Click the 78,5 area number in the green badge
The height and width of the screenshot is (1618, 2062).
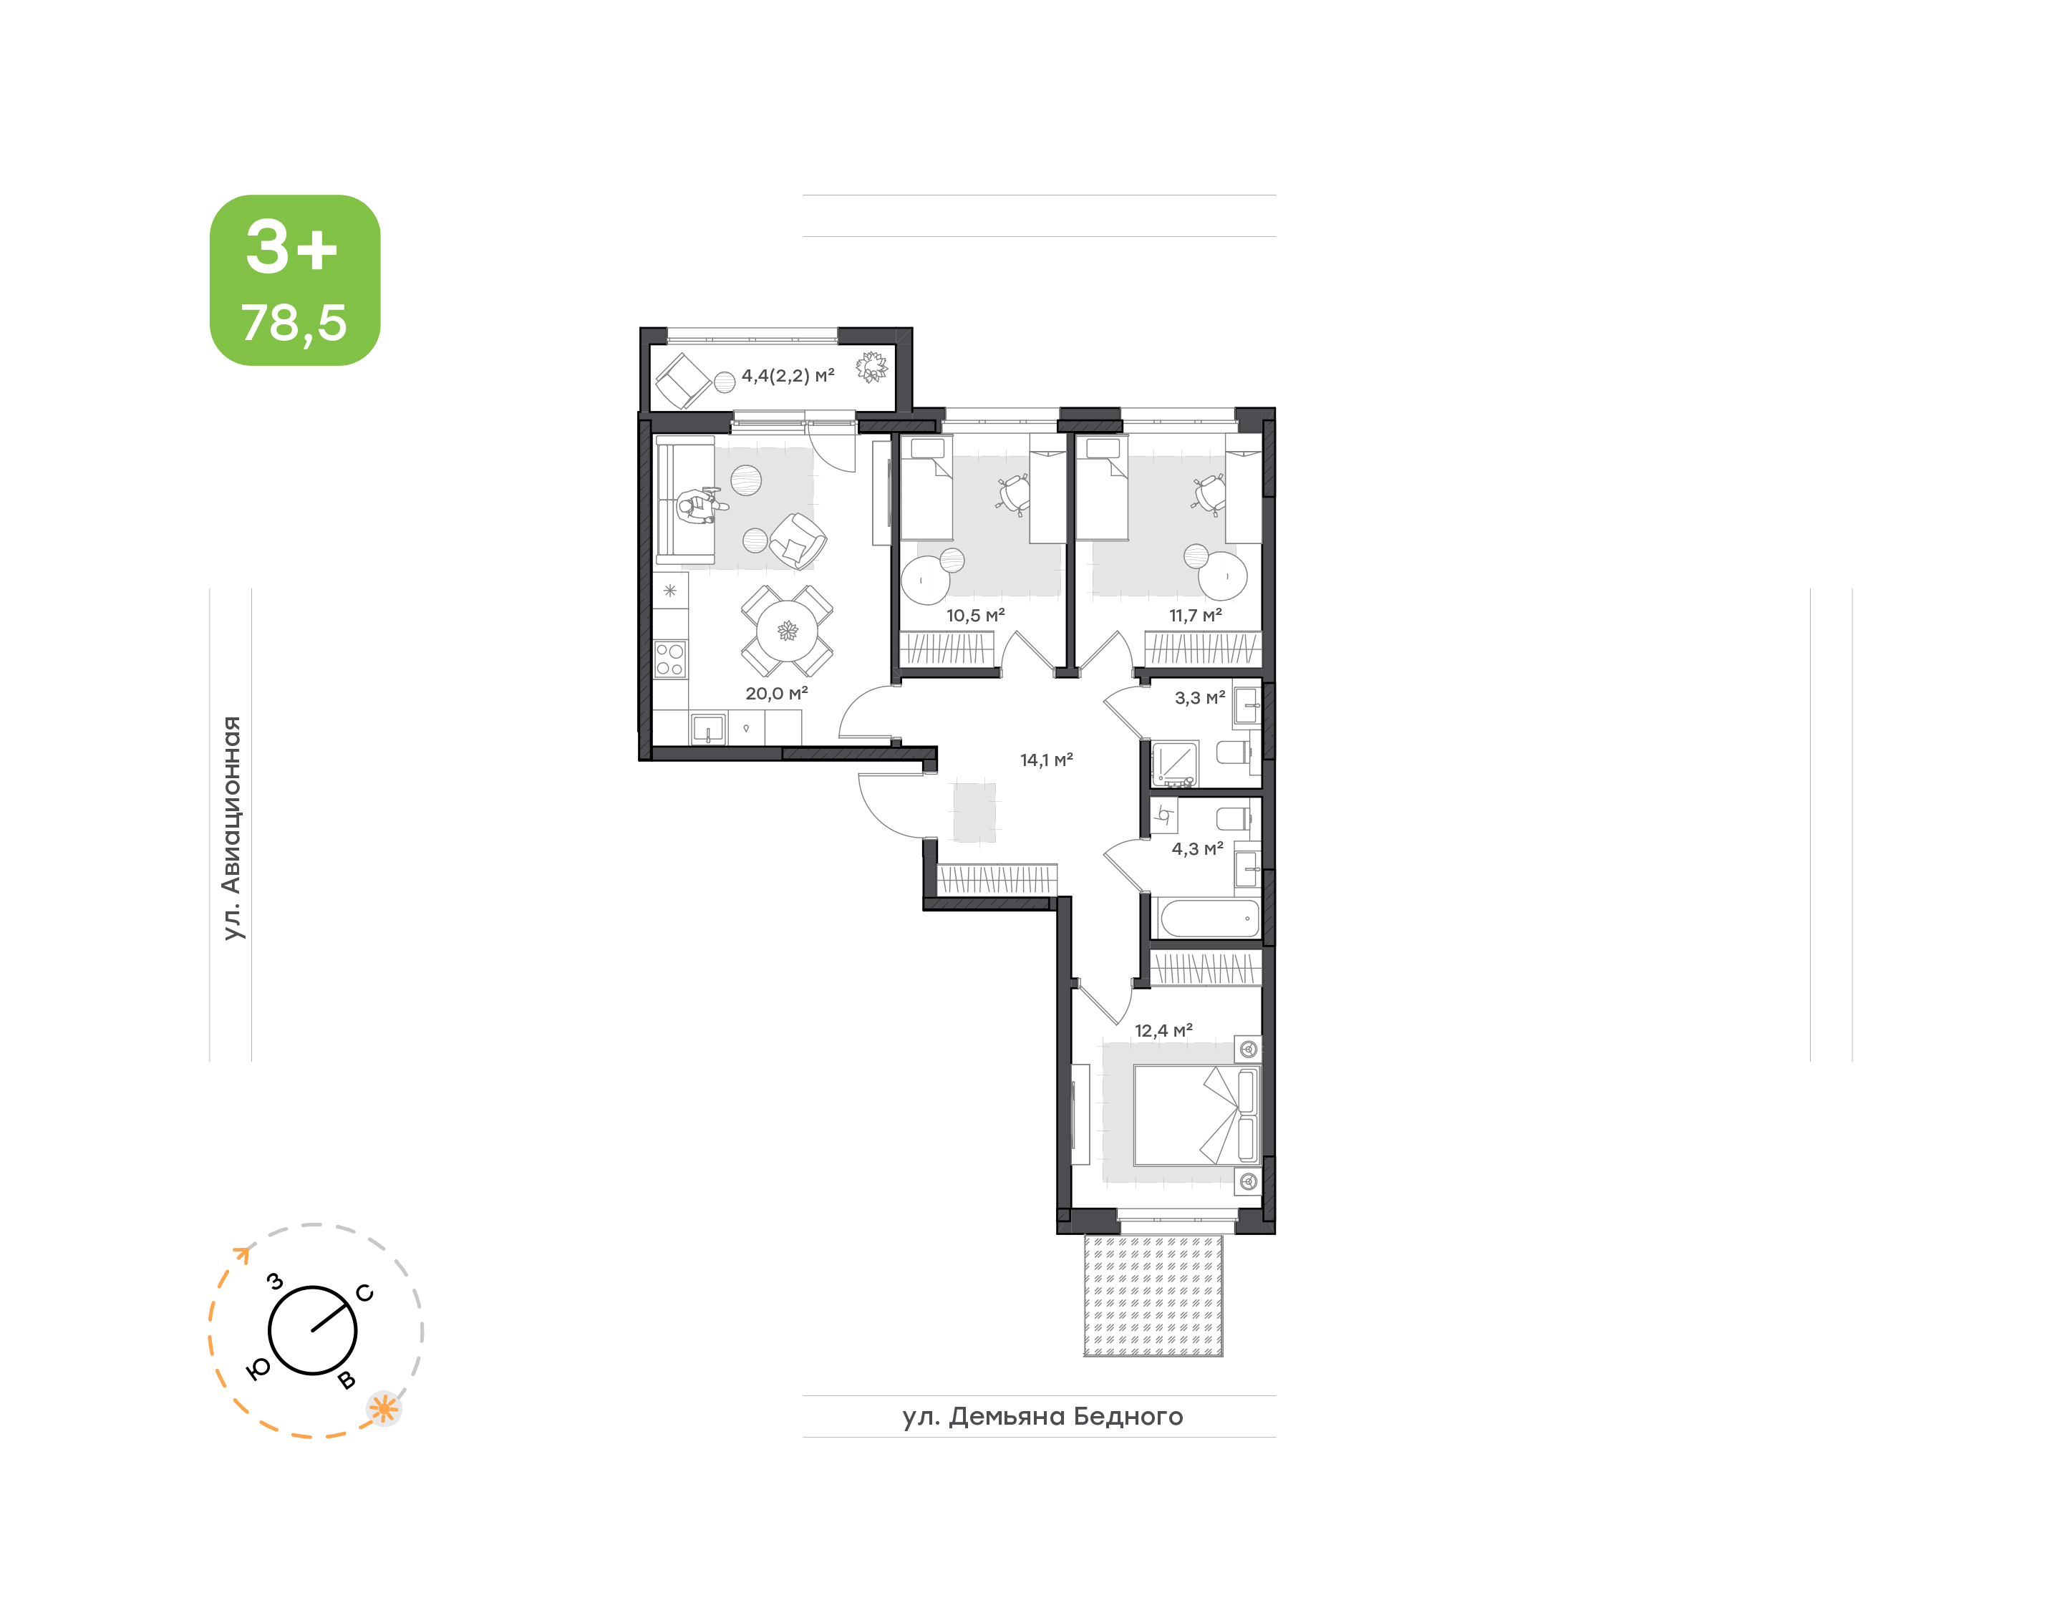click(x=294, y=323)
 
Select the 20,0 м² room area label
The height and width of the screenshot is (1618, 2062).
click(x=777, y=694)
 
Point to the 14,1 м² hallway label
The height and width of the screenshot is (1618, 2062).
click(x=1047, y=760)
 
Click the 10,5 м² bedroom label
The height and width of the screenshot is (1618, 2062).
click(x=976, y=616)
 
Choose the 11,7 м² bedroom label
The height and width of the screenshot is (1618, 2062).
click(x=1196, y=616)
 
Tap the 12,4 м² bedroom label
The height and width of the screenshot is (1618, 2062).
click(x=1164, y=1031)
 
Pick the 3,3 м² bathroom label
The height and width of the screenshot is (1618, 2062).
click(x=1200, y=698)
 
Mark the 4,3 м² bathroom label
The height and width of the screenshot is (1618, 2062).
click(x=1198, y=849)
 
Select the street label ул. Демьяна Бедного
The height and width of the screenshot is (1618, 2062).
click(x=1043, y=1417)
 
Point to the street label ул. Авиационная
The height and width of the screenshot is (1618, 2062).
click(x=232, y=828)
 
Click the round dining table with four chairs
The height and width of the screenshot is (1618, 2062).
click(x=787, y=630)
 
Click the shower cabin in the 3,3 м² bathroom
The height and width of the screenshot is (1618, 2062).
click(x=1174, y=763)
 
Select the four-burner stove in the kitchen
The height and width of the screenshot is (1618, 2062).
click(x=671, y=659)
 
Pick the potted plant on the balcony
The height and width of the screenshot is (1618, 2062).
click(x=871, y=367)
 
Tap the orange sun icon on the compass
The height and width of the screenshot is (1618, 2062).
click(x=384, y=1409)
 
